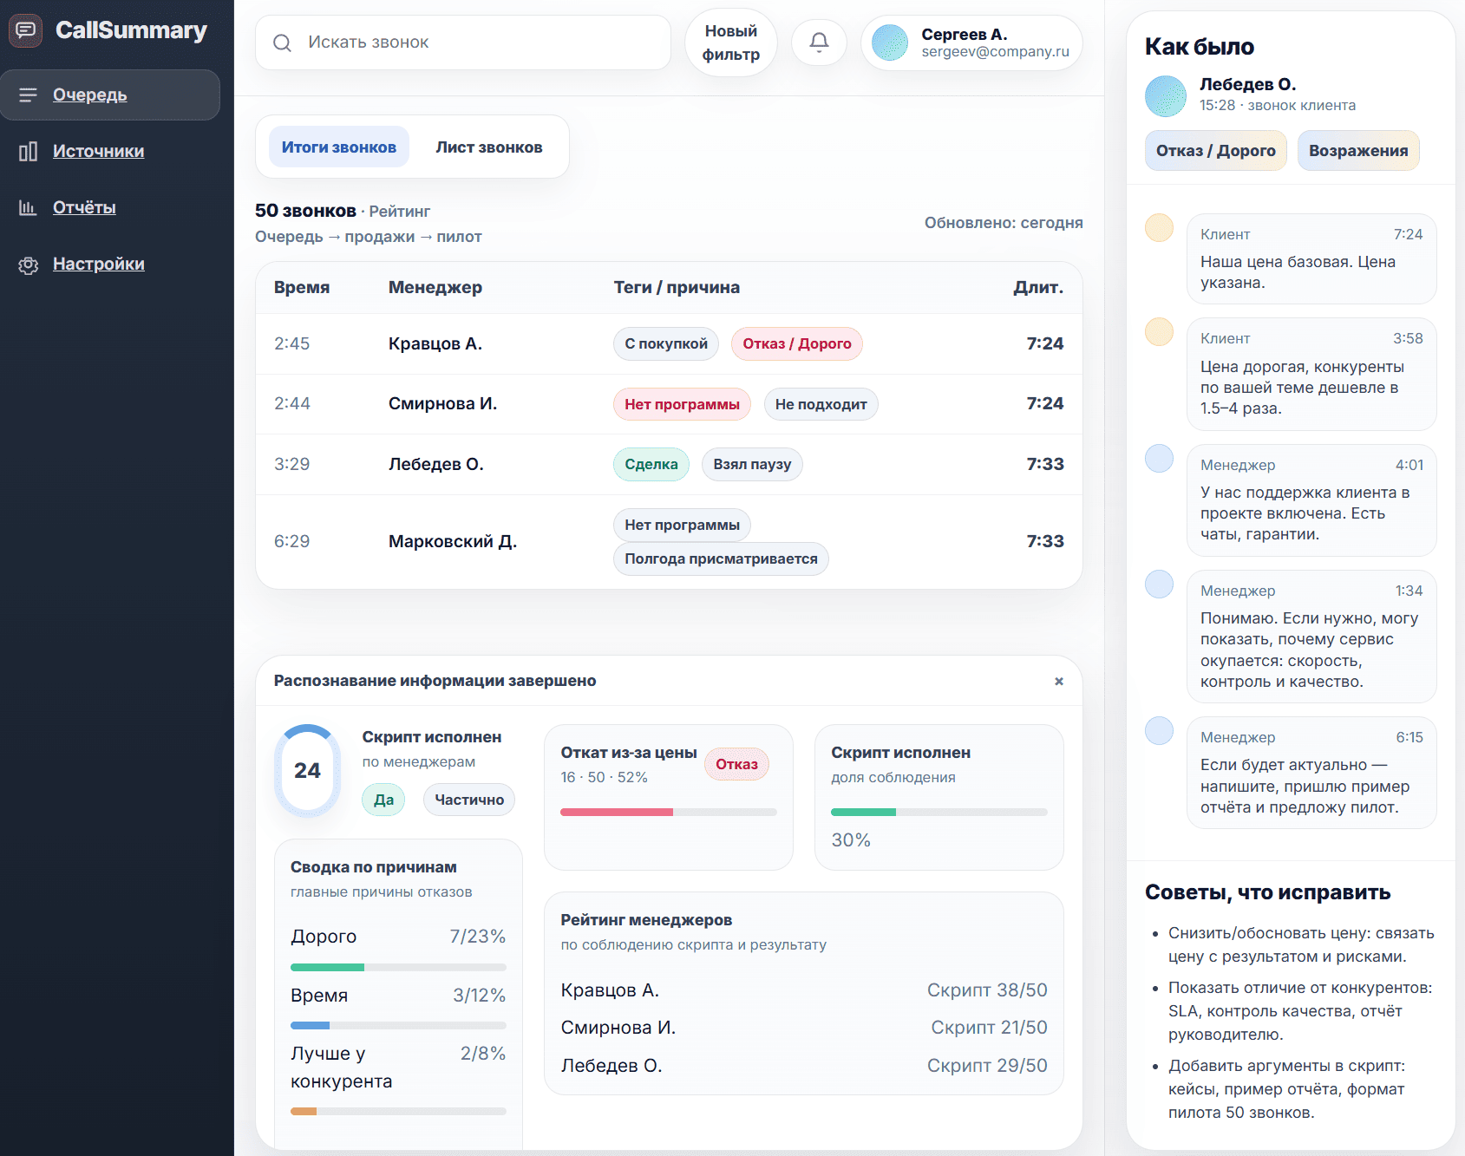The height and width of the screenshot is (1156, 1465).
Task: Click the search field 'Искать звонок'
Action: pos(462,42)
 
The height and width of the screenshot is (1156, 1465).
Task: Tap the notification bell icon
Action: pos(819,42)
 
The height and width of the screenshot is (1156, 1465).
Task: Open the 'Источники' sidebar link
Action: pos(98,151)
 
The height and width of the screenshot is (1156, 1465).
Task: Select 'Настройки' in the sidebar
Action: pos(98,264)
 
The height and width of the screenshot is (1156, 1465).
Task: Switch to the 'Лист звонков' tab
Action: pos(488,147)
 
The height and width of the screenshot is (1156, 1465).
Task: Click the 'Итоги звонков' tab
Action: pos(338,147)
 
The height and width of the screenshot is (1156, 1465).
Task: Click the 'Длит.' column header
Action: pos(1037,287)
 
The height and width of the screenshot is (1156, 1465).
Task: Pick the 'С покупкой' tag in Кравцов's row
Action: pos(665,343)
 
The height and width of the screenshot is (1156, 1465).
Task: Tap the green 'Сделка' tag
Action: pos(651,464)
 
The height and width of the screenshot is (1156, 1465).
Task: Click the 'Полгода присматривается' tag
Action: pos(720,558)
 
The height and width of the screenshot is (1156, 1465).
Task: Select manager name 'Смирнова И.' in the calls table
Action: pos(442,403)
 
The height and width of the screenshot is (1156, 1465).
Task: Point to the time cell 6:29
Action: pos(291,541)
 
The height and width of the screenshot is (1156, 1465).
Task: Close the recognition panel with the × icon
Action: pos(1058,682)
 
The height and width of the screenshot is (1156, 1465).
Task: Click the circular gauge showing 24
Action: pos(307,770)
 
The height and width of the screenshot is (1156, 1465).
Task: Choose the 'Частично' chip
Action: pos(468,800)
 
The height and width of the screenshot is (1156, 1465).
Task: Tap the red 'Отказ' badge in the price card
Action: pos(736,764)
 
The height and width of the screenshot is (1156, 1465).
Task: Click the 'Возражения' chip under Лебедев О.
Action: pos(1357,151)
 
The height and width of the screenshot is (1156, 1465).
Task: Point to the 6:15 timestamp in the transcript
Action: pos(1409,737)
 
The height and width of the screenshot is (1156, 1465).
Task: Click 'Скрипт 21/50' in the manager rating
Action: pos(989,1028)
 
